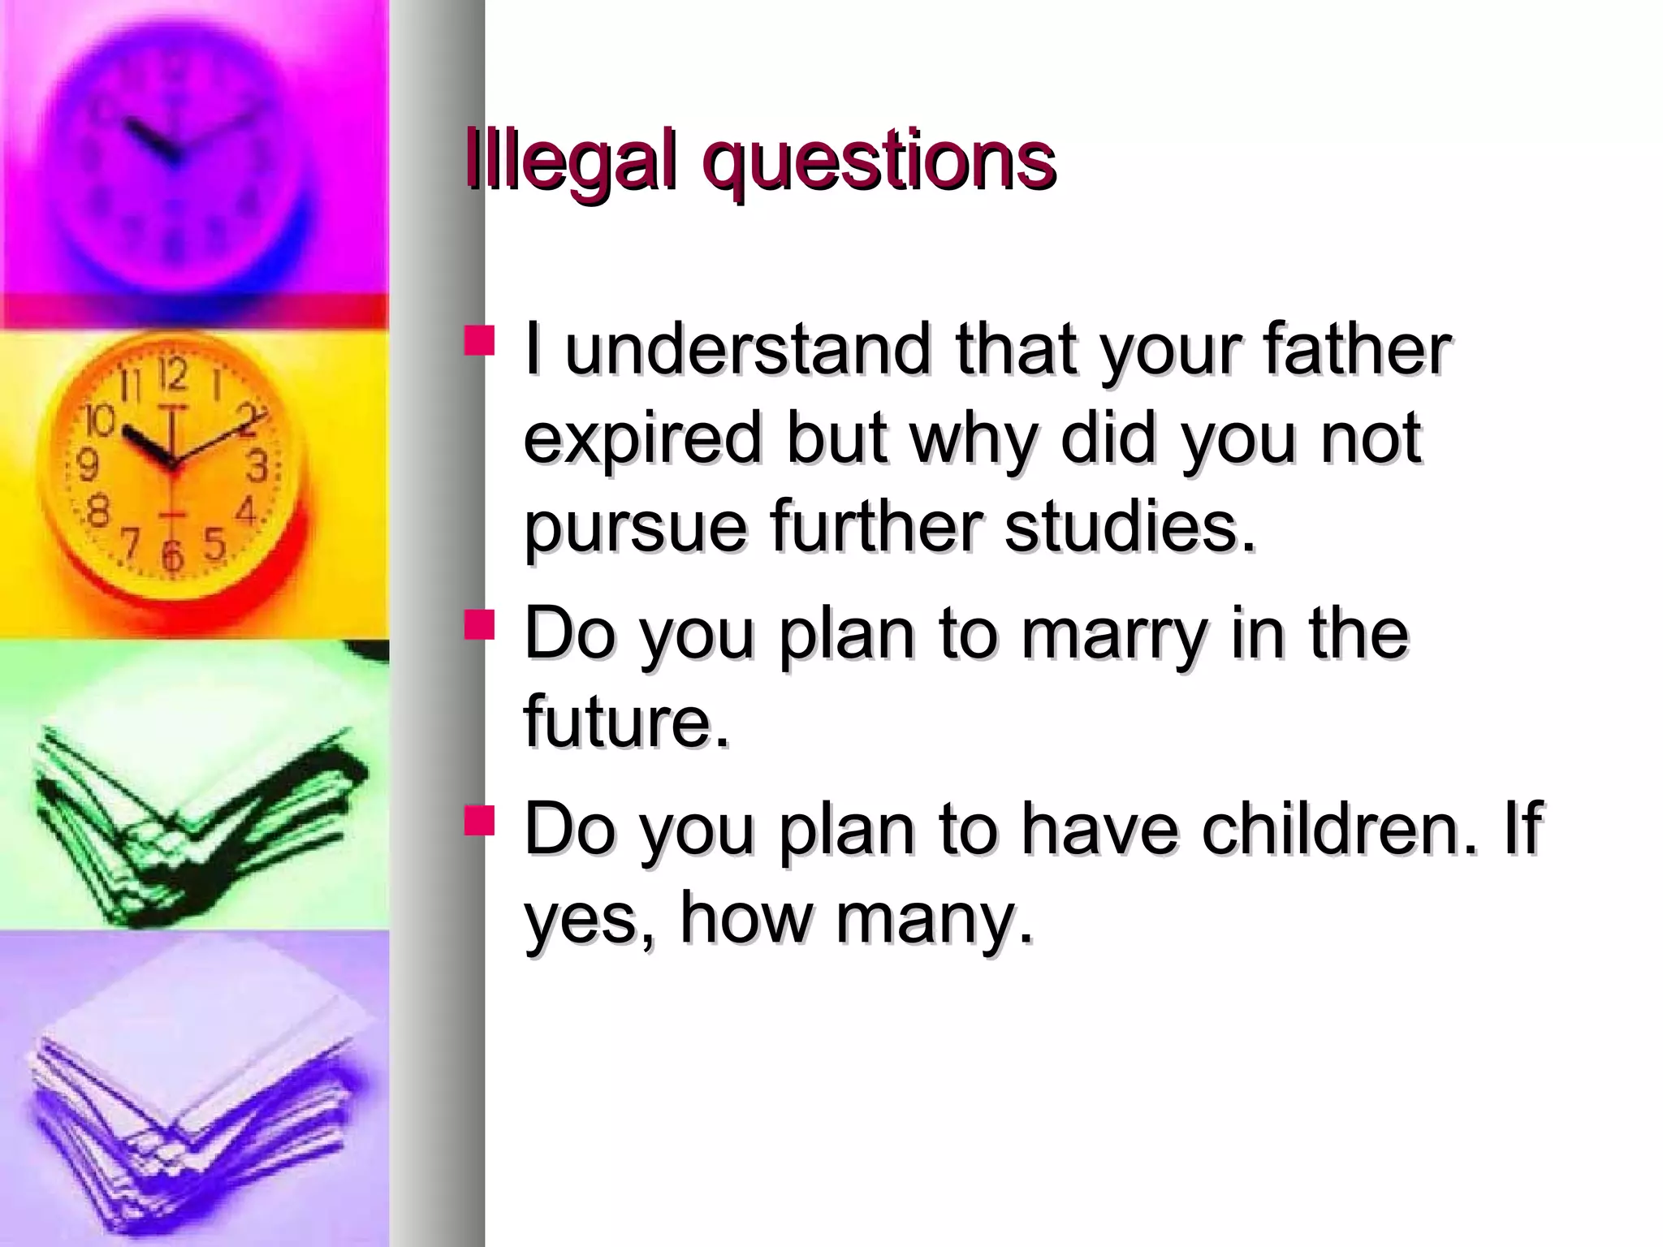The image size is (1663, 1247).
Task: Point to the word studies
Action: pos(1129,528)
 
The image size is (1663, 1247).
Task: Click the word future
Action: pos(626,721)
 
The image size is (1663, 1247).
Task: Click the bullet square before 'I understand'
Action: pos(479,341)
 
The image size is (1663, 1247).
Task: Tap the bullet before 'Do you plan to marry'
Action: pos(479,625)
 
